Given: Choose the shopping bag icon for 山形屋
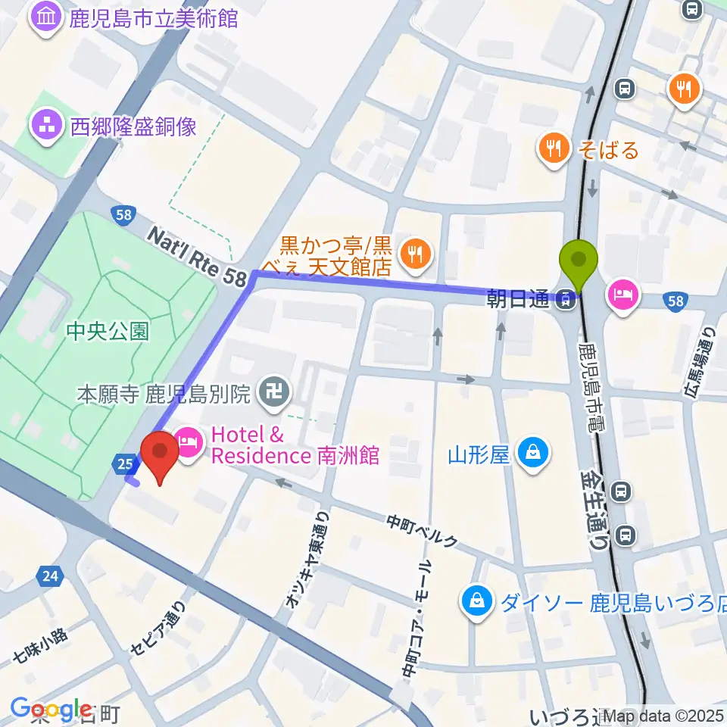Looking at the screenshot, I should tap(534, 454).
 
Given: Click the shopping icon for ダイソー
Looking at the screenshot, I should tap(477, 602).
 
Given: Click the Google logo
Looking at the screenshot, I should tap(51, 710).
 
